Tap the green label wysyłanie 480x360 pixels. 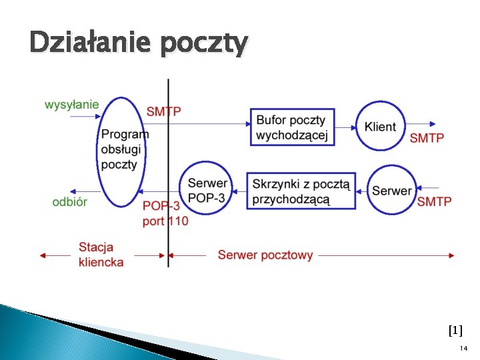71,104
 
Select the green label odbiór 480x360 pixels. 69,201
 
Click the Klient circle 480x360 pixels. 380,126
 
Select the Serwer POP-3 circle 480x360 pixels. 207,189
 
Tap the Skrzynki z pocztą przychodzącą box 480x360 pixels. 301,191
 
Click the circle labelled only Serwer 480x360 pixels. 391,191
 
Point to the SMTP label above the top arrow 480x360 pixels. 163,111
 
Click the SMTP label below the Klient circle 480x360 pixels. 427,139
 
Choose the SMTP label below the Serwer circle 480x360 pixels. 434,201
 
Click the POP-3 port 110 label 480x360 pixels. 165,213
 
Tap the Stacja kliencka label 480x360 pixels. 101,255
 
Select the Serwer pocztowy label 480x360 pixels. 265,255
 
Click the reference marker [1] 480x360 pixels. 455,330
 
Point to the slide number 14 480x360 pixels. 463,349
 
